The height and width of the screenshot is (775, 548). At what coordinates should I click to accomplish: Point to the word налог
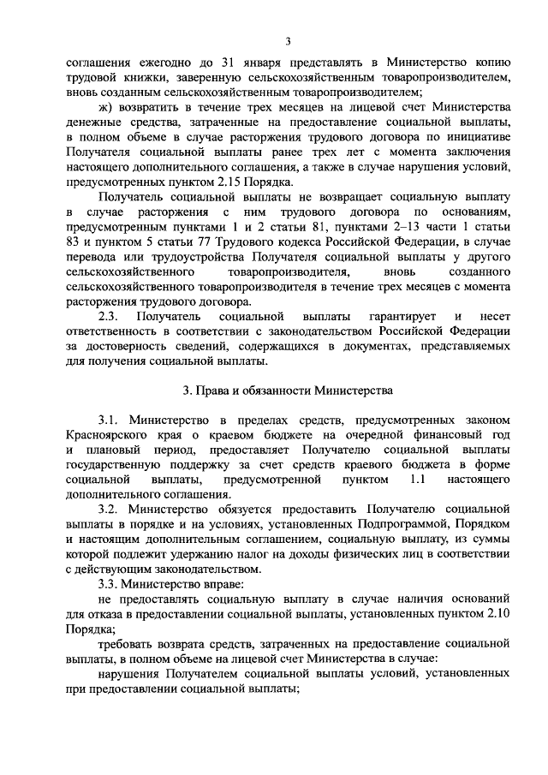click(274, 554)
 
